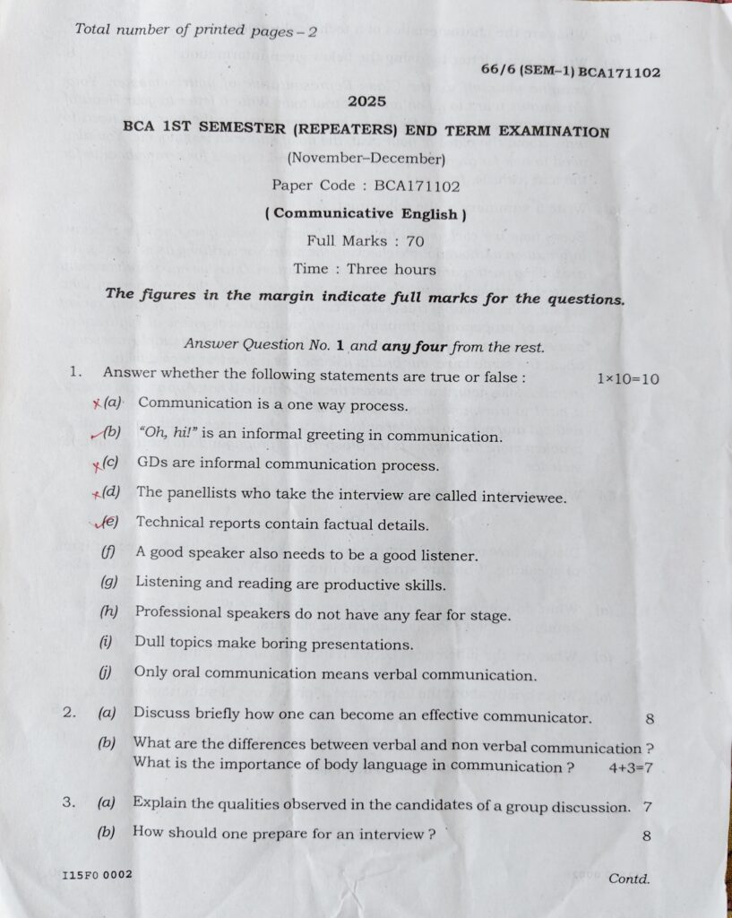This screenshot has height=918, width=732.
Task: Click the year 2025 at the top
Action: tap(366, 101)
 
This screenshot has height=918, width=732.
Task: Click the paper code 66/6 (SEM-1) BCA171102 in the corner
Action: tap(570, 72)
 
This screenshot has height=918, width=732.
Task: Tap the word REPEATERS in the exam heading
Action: tap(343, 129)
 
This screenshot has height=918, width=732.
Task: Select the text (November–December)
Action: tap(366, 159)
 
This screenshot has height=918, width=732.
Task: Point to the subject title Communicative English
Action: tap(366, 213)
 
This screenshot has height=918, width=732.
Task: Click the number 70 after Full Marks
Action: tap(414, 240)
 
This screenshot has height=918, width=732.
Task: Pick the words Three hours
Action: tap(392, 268)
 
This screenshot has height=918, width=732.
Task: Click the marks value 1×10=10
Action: tap(627, 378)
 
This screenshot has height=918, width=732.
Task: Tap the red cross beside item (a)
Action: tap(96, 403)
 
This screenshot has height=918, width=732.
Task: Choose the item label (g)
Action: tap(110, 582)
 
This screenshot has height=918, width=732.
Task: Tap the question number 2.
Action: tap(69, 714)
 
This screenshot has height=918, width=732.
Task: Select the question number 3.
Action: tap(68, 802)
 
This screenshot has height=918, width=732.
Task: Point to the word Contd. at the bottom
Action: tap(629, 879)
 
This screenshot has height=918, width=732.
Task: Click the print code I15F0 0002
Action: tap(97, 874)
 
